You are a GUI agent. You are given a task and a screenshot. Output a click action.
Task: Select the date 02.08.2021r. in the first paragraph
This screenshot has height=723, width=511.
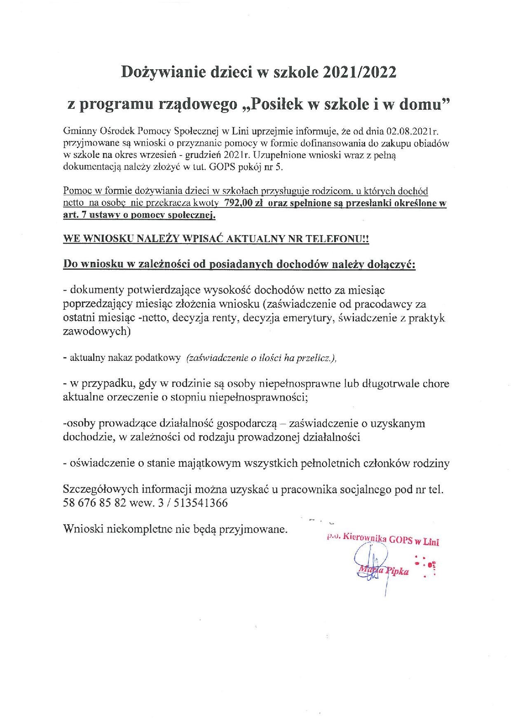point(415,132)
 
